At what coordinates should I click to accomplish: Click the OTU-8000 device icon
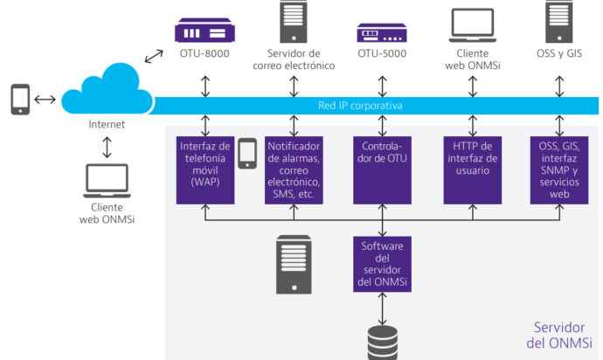coord(204,31)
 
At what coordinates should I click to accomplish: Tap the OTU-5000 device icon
coord(382,32)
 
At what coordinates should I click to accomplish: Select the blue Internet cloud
coord(107,89)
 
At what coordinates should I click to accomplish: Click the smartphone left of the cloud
coord(20,100)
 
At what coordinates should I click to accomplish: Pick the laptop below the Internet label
coord(107,181)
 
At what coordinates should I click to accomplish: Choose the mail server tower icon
coord(294,22)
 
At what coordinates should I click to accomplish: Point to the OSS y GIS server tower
coord(559,22)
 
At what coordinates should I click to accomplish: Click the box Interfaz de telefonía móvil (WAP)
coord(205,170)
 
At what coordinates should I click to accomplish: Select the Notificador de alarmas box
coord(294,170)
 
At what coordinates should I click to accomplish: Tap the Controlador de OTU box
coord(382,170)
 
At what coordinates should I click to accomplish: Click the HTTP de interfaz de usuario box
coord(473,170)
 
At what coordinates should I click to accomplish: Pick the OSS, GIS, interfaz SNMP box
coord(559,170)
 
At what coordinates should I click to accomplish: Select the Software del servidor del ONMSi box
coord(382,264)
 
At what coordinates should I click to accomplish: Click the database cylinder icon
coord(382,343)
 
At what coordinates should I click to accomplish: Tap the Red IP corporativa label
coord(360,106)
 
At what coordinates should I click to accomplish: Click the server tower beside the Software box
coord(294,265)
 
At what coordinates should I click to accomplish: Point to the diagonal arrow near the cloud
coord(154,56)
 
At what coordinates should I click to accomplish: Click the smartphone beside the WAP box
coord(247,154)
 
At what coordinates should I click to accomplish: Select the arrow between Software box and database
coord(382,308)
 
